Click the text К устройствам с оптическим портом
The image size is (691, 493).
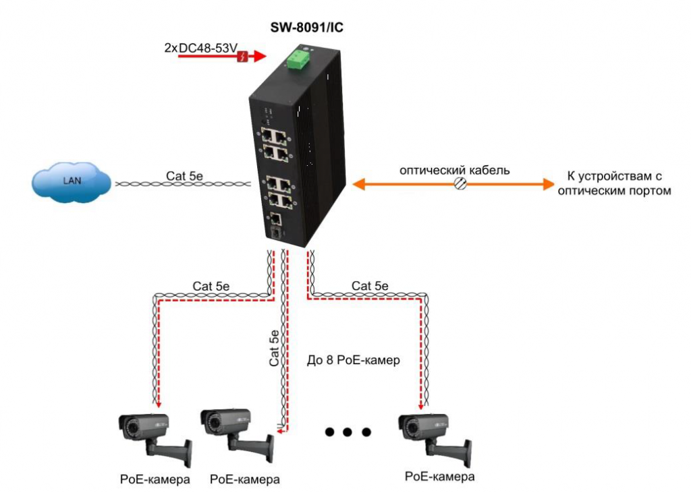click(611, 183)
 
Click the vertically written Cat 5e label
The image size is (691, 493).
click(274, 347)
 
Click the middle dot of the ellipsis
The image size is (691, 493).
click(348, 432)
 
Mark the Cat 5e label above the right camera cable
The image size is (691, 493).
click(370, 286)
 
